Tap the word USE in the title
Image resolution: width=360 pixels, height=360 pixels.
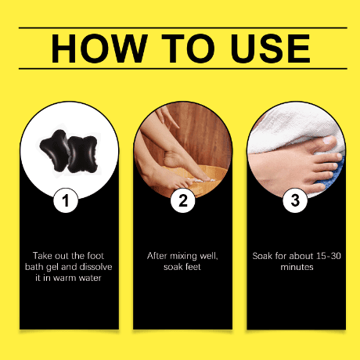(x=270, y=49)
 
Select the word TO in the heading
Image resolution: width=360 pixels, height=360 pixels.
(x=188, y=49)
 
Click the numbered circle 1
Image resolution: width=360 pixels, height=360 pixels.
(x=66, y=200)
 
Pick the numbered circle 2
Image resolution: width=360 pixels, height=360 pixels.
(x=183, y=200)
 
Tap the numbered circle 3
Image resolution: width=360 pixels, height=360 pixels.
(x=295, y=200)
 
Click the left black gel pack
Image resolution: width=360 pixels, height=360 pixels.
(x=56, y=150)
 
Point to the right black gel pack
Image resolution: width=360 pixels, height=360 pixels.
(x=82, y=154)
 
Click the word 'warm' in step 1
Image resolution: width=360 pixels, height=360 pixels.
(x=64, y=278)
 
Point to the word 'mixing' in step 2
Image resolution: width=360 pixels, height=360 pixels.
(x=183, y=257)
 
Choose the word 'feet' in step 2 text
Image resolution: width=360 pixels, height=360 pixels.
(x=193, y=267)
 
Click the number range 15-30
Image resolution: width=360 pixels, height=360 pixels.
(x=329, y=256)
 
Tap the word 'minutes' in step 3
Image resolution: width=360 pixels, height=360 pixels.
(x=297, y=267)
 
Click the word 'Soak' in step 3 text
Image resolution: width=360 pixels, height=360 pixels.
(x=262, y=256)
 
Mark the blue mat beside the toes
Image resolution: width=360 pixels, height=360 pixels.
(x=331, y=172)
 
